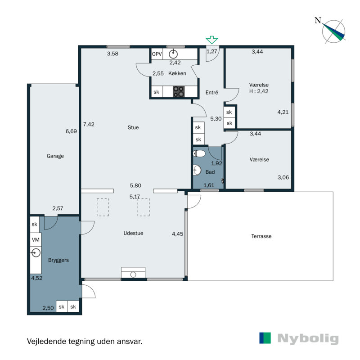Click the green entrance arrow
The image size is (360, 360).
pyautogui.click(x=211, y=40)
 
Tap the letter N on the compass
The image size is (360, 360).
pyautogui.click(x=318, y=21)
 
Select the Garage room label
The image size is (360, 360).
pyautogui.click(x=55, y=156)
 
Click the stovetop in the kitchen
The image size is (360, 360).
pyautogui.click(x=179, y=91)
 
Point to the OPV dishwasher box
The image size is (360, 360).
pyautogui.click(x=157, y=54)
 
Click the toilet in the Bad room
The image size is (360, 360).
pyautogui.click(x=199, y=153)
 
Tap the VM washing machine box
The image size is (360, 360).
pyautogui.click(x=36, y=240)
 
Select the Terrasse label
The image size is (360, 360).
pyautogui.click(x=261, y=236)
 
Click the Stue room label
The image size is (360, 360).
pyautogui.click(x=133, y=127)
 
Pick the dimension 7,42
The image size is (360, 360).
pyautogui.click(x=89, y=125)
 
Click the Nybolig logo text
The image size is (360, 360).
pyautogui.click(x=308, y=338)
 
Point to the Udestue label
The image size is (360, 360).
pyautogui.click(x=133, y=233)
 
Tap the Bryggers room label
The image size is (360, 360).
pyautogui.click(x=58, y=261)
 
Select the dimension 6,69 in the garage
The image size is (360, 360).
pyautogui.click(x=71, y=131)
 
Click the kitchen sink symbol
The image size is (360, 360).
pyautogui.click(x=173, y=54)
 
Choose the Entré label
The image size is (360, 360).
pyautogui.click(x=211, y=92)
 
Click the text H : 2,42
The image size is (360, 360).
pyautogui.click(x=259, y=91)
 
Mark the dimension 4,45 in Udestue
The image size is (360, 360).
pyautogui.click(x=178, y=234)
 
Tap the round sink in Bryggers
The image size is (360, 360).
pyautogui.click(x=36, y=253)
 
